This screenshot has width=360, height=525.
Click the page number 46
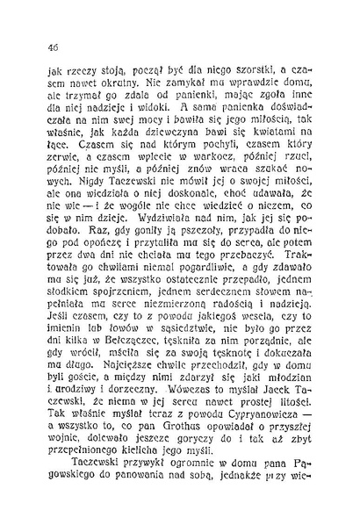[x=41, y=47]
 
